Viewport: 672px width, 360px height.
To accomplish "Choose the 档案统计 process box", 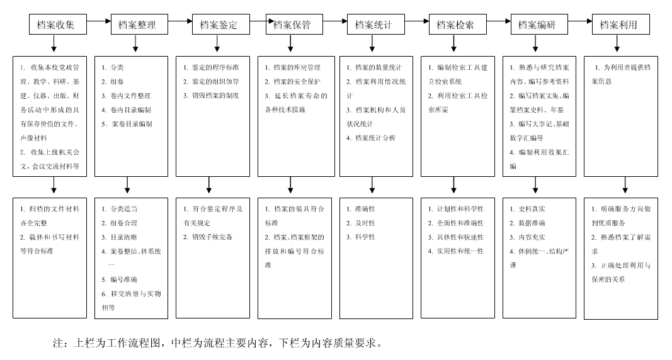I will (x=373, y=25).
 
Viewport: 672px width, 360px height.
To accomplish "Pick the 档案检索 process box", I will (x=455, y=25).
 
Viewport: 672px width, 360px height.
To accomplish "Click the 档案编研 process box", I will (x=536, y=25).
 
